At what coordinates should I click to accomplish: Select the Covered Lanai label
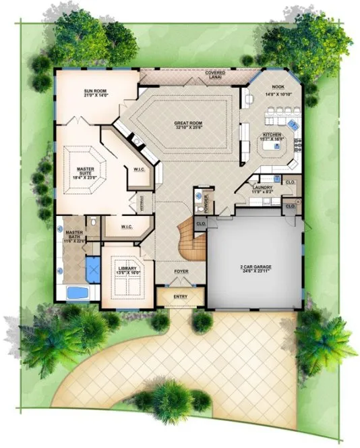(216, 74)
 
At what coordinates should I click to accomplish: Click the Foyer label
(181, 272)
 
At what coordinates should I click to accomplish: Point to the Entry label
(181, 296)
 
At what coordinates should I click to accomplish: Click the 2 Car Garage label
(255, 267)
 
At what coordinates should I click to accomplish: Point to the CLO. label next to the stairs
(200, 223)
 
